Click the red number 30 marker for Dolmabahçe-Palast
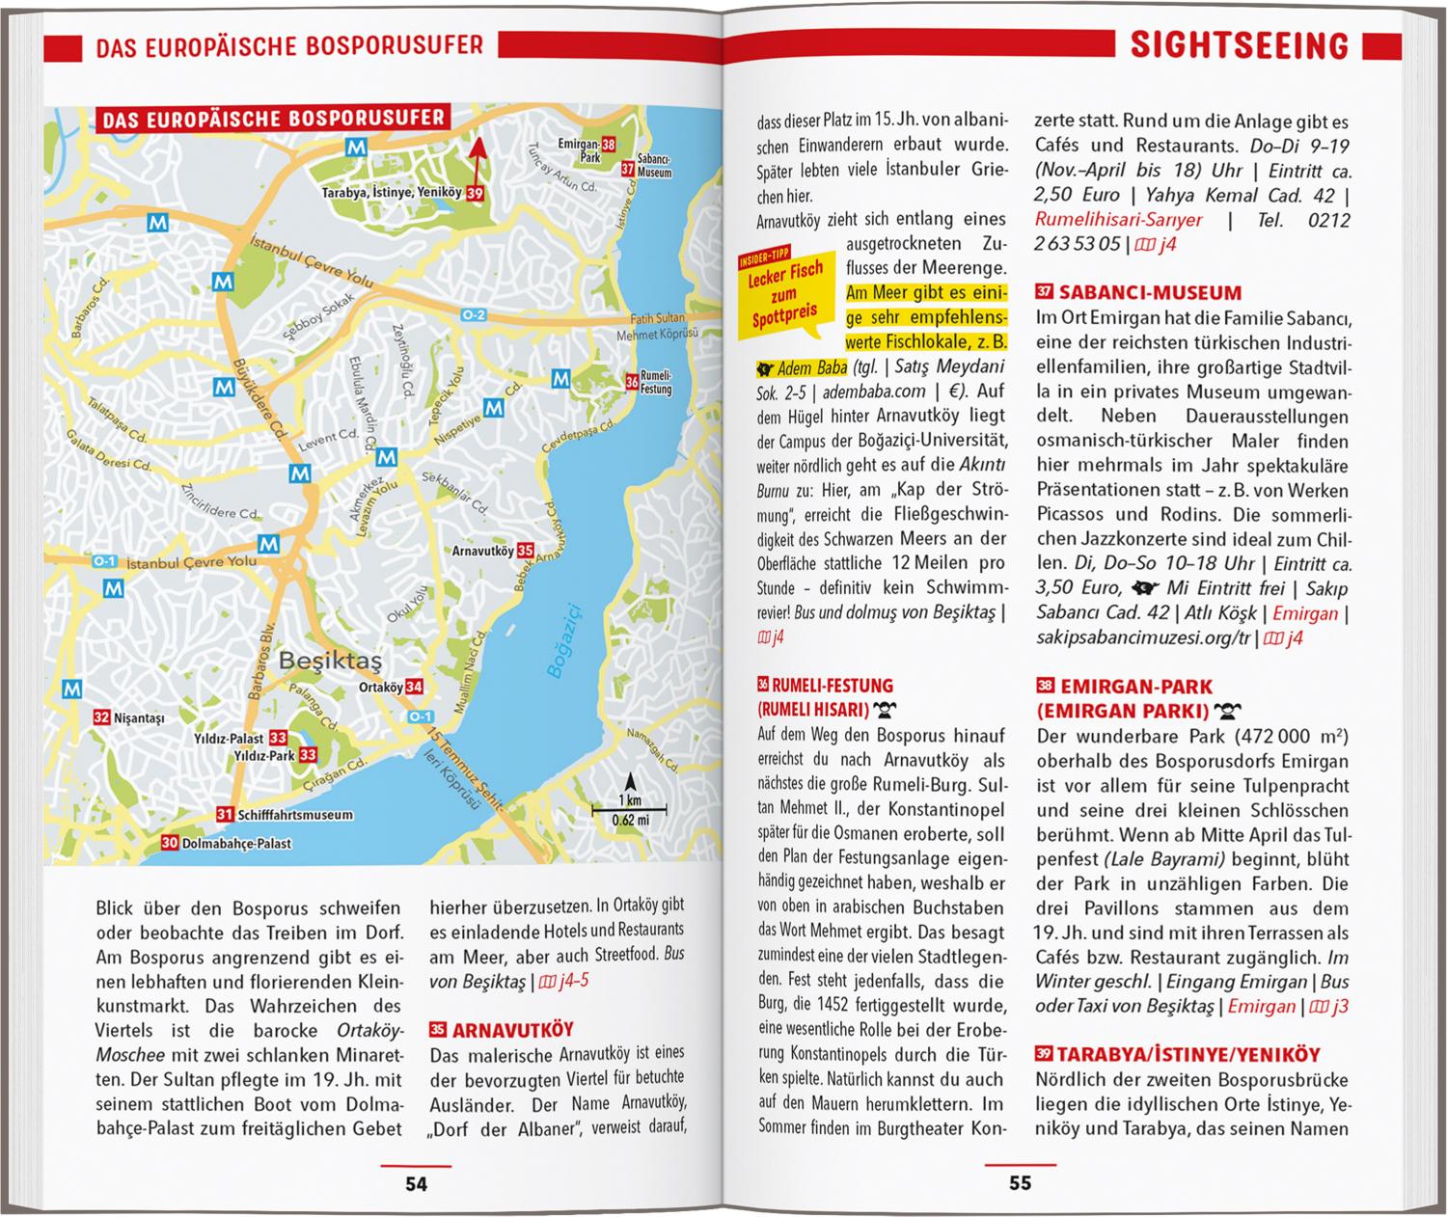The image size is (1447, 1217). (x=169, y=843)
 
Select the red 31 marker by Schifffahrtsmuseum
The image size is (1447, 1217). (x=225, y=814)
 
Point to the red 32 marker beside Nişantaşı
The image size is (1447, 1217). (x=101, y=717)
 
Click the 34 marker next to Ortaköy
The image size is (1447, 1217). (x=414, y=688)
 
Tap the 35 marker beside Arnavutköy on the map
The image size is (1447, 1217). (x=525, y=551)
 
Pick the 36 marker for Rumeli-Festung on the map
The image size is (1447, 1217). (x=631, y=382)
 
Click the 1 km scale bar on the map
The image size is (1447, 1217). (x=630, y=808)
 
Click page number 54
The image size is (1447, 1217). (x=416, y=1184)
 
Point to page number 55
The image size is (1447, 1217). (x=1021, y=1183)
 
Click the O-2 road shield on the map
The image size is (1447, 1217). (x=474, y=314)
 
